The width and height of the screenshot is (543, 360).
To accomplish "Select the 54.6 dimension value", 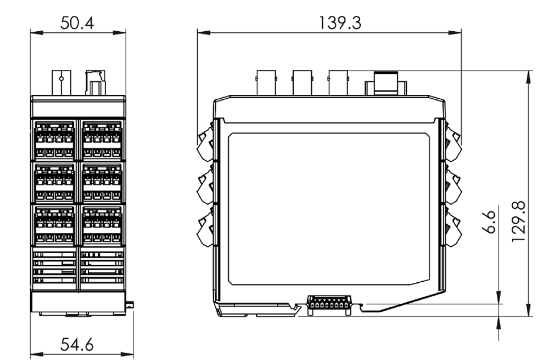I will (78, 344).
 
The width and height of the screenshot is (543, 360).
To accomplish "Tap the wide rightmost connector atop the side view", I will (386, 84).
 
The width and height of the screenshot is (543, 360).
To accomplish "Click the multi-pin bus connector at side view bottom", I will (328, 305).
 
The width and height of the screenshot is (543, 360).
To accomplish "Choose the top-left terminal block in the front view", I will (55, 140).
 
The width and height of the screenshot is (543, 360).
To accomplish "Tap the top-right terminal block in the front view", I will (102, 140).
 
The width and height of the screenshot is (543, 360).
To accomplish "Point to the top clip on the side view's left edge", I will (206, 141).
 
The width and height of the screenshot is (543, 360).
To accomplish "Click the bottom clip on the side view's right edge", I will (453, 227).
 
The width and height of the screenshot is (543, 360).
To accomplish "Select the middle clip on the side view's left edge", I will (206, 185).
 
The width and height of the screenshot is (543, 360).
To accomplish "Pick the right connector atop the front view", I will (95, 82).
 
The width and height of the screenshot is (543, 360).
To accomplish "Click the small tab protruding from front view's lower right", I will (130, 305).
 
